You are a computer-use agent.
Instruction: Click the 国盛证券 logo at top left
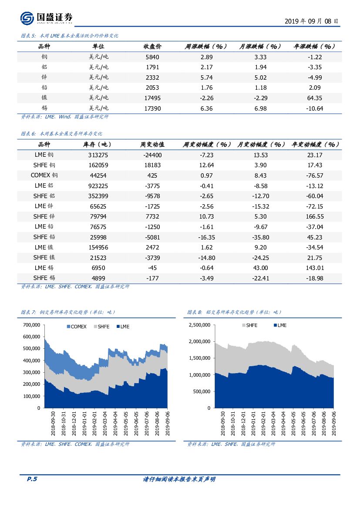pyautogui.click(x=46, y=18)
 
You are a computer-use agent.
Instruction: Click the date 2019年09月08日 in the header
pyautogui.click(x=311, y=21)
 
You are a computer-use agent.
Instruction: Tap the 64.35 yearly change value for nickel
pyautogui.click(x=314, y=98)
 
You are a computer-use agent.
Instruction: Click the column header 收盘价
pyautogui.click(x=152, y=47)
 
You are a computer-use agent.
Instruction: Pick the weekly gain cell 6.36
pyautogui.click(x=206, y=108)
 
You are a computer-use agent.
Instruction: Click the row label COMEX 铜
pyautogui.click(x=44, y=175)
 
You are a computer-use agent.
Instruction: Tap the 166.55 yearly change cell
pyautogui.click(x=314, y=216)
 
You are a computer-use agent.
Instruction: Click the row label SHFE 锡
pyautogui.click(x=44, y=278)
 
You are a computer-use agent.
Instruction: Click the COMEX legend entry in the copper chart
pyautogui.click(x=76, y=327)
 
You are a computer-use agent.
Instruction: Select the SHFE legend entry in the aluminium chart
pyautogui.click(x=249, y=325)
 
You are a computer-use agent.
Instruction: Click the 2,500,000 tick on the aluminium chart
pyautogui.click(x=199, y=325)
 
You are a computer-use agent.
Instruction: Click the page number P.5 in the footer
pyautogui.click(x=32, y=479)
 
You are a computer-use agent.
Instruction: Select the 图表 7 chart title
pyautogui.click(x=68, y=312)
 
